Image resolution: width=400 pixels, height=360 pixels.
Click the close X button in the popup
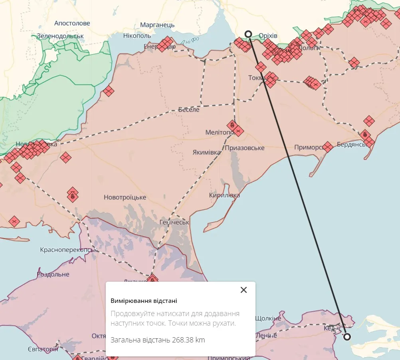(x=244, y=290)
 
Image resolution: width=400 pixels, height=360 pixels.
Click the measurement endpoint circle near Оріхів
(x=248, y=34)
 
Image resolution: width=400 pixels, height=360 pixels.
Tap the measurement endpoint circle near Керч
(x=347, y=337)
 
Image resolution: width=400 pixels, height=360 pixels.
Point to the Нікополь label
(x=137, y=36)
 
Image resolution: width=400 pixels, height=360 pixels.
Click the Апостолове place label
(x=72, y=23)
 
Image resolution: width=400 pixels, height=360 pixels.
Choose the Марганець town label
(x=157, y=25)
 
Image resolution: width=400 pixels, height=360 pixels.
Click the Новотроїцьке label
(x=125, y=197)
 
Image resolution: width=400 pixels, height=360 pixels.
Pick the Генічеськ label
(x=174, y=222)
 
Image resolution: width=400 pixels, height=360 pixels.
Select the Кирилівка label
(x=224, y=195)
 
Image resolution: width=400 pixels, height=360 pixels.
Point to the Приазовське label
(x=245, y=148)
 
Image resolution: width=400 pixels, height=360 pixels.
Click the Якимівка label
(x=206, y=152)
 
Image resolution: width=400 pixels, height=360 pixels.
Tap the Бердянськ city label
(x=352, y=144)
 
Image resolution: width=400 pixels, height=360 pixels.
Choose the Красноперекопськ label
(x=69, y=250)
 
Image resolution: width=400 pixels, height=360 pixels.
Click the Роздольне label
(x=53, y=274)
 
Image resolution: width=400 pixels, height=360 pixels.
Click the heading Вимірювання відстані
(x=144, y=301)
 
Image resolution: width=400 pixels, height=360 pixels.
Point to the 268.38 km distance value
(x=188, y=340)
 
